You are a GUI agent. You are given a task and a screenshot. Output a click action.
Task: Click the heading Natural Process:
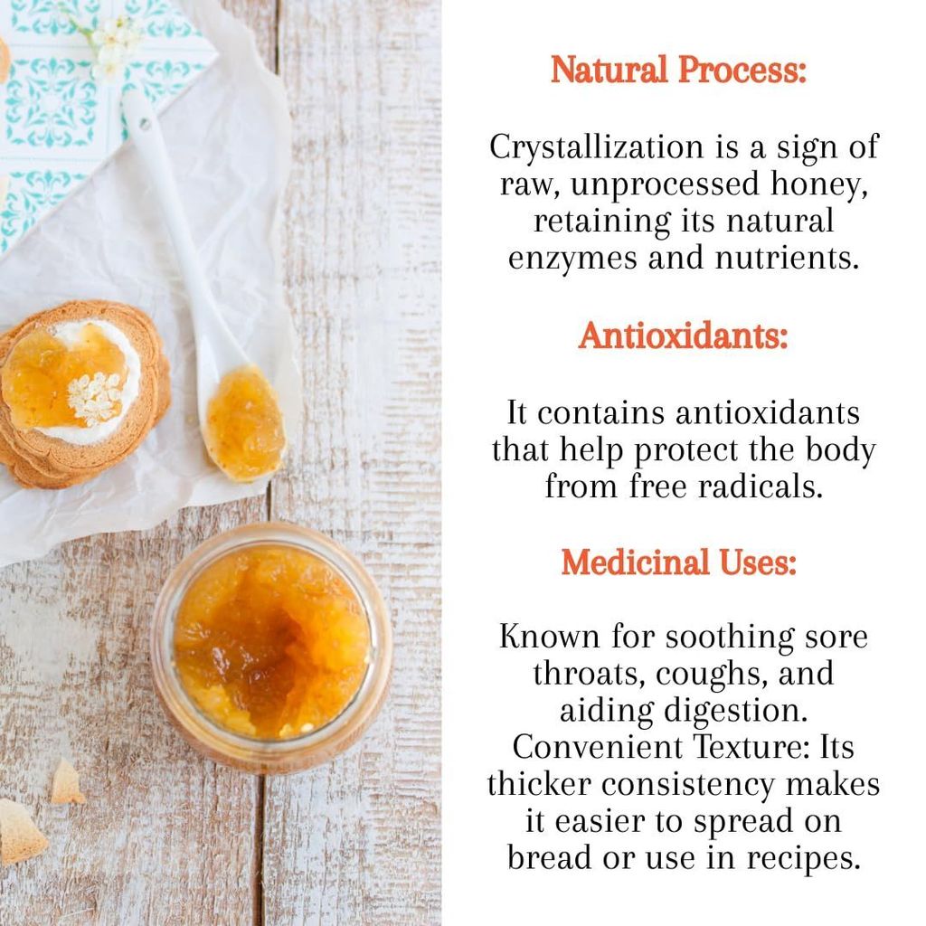[678, 71]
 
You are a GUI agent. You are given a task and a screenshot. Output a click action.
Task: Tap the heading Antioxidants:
[683, 336]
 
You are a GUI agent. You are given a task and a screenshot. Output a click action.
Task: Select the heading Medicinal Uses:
[678, 562]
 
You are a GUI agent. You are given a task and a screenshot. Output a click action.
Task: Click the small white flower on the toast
[95, 397]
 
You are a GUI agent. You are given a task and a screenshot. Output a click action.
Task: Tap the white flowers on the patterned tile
[113, 41]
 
